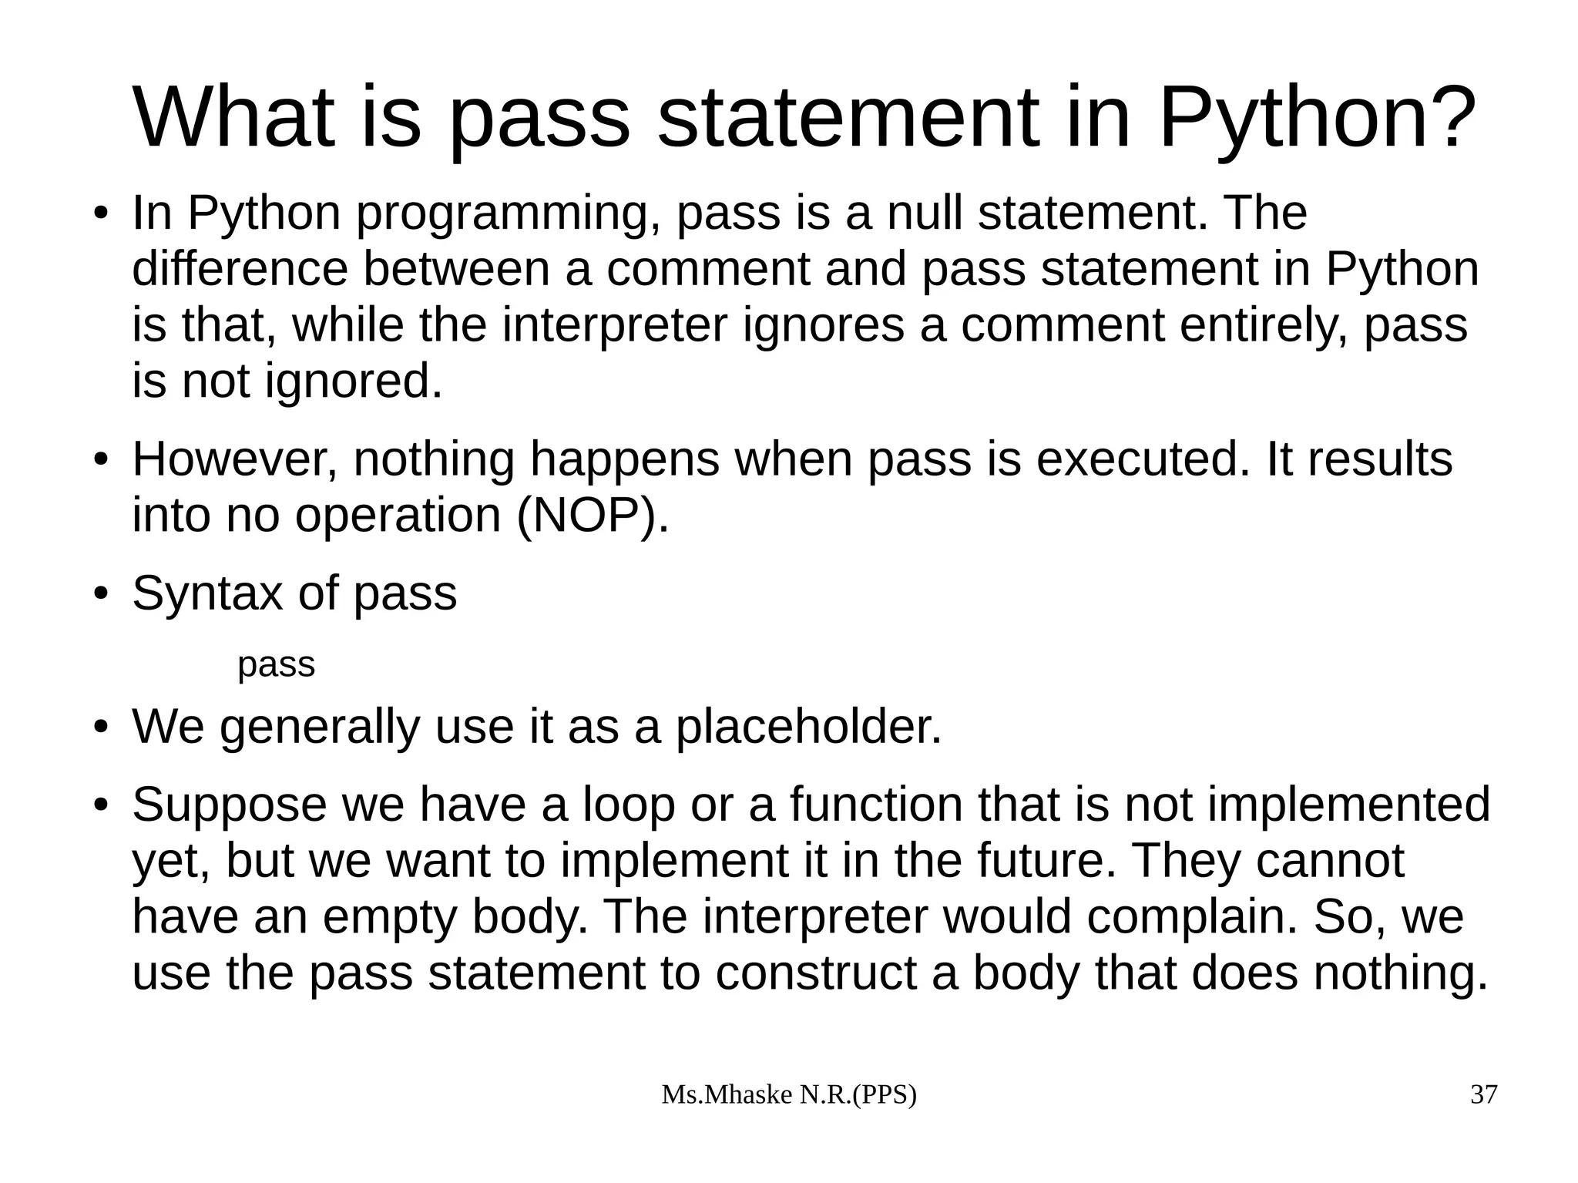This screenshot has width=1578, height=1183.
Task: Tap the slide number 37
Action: (x=1484, y=1094)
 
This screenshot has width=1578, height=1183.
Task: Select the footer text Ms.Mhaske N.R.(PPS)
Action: (x=789, y=1094)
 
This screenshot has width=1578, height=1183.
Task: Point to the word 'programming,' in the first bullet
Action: (x=508, y=213)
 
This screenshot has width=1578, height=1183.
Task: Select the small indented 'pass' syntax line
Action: (x=276, y=664)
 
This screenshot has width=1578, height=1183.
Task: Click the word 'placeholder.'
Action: (x=809, y=726)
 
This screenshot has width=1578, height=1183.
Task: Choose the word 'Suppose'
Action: (x=230, y=805)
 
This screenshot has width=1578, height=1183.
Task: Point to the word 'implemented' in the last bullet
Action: (x=1348, y=805)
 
